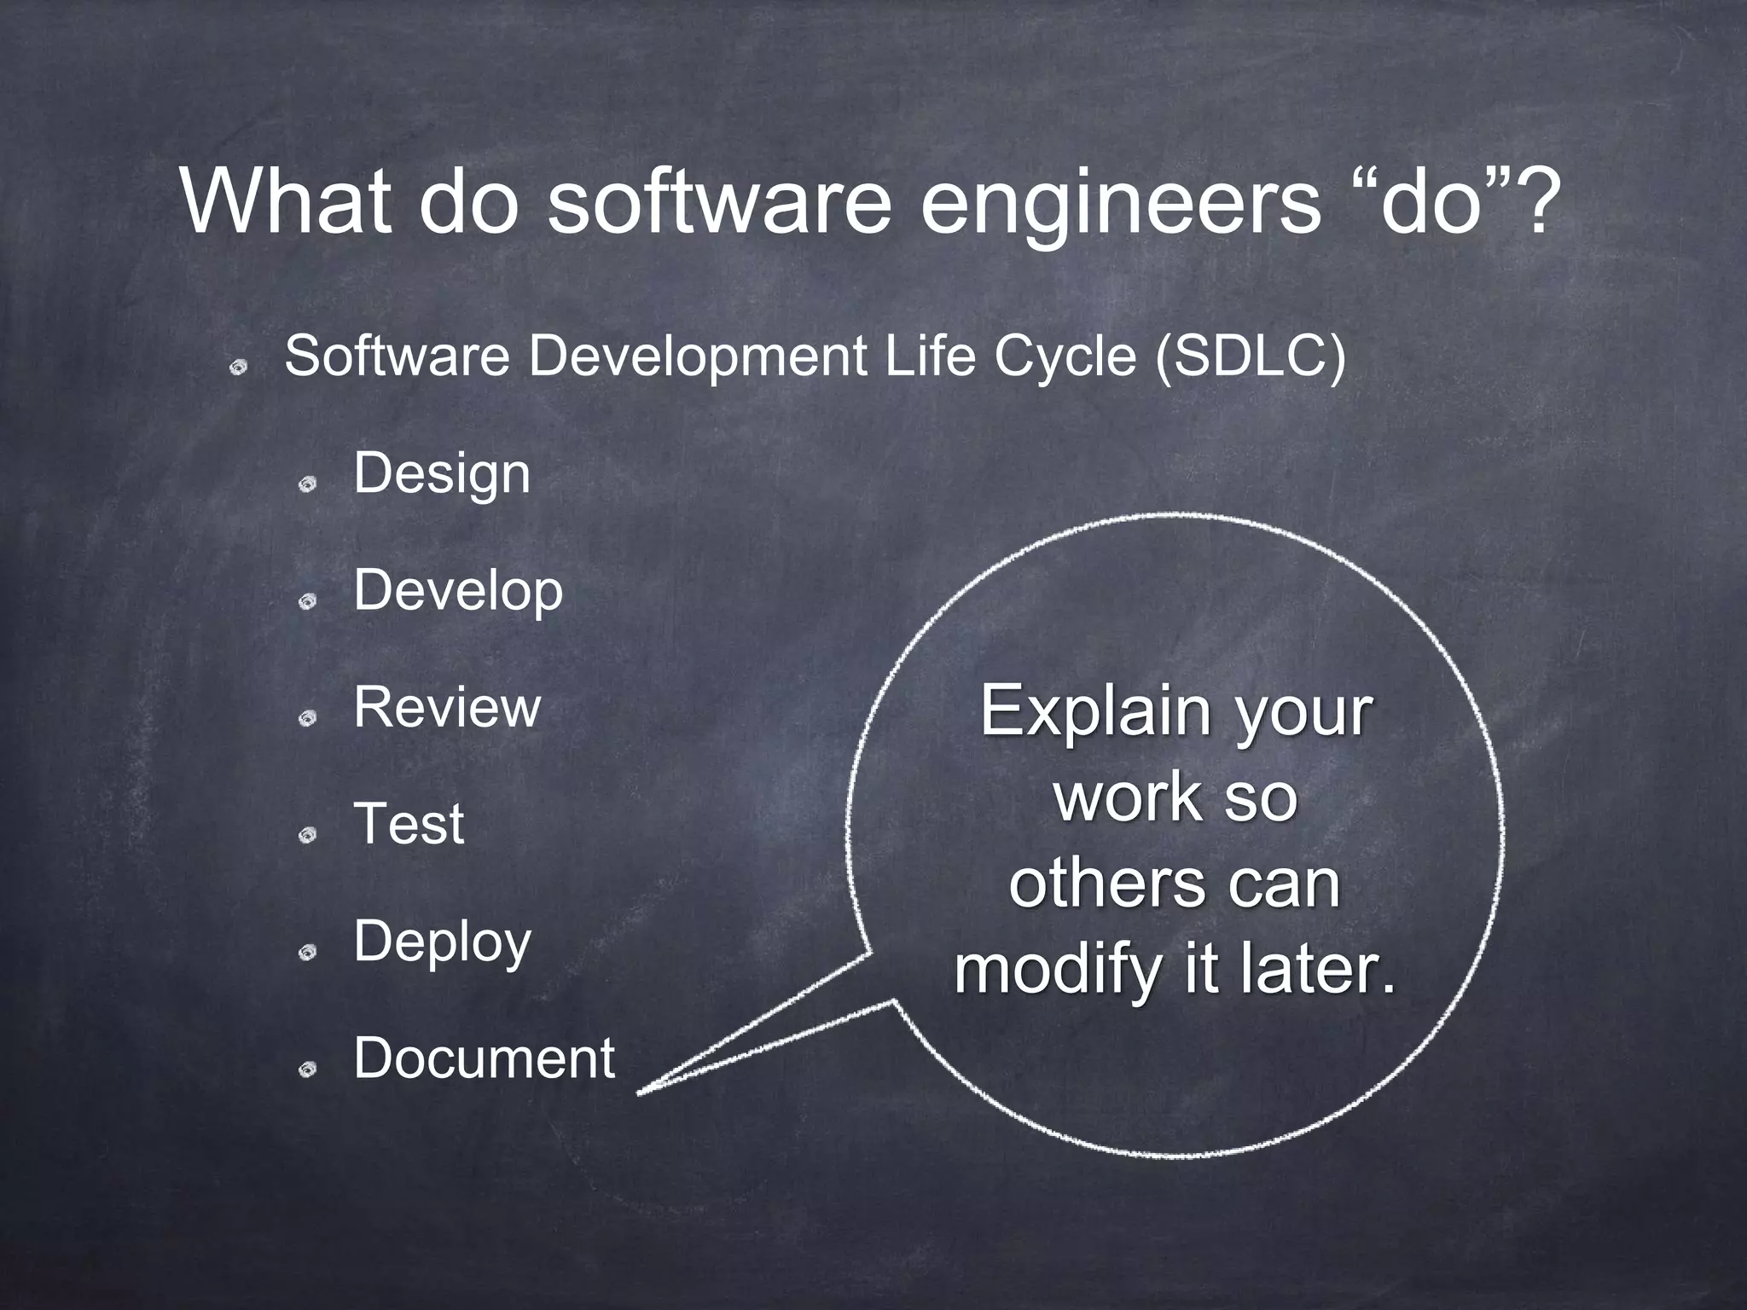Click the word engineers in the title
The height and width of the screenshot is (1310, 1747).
[1118, 205]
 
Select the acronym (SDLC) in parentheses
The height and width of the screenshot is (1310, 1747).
[1249, 356]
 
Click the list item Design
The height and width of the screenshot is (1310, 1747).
[442, 474]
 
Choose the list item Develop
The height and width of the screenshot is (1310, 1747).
[458, 591]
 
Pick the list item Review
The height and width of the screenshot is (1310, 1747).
[447, 708]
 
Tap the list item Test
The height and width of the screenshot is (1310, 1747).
[409, 825]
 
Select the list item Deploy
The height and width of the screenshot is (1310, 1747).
[442, 942]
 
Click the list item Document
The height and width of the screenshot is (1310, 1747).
[484, 1058]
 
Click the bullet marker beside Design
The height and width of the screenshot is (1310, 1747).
[308, 485]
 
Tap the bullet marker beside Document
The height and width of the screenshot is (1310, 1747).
[308, 1069]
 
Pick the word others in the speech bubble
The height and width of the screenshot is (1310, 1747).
[1107, 884]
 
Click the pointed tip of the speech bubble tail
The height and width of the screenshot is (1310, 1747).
[640, 1093]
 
